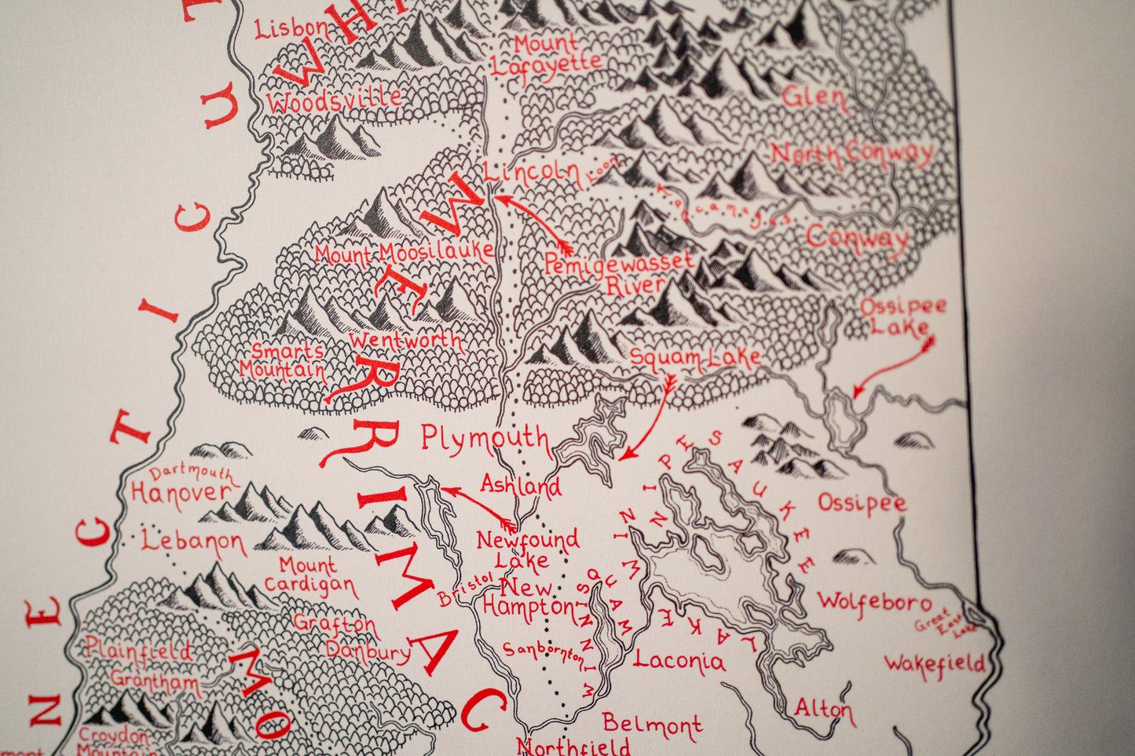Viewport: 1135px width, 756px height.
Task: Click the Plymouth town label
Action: point(485,438)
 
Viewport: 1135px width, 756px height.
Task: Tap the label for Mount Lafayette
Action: point(546,55)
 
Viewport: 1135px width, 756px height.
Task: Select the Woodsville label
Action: point(334,100)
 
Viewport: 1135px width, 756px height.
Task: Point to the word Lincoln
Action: point(531,172)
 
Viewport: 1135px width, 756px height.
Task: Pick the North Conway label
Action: point(852,154)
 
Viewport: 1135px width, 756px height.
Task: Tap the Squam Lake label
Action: point(695,359)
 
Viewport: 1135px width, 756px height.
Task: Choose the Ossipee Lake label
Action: point(903,316)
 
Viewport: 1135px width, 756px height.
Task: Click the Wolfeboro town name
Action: point(874,602)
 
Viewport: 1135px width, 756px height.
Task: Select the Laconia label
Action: point(679,660)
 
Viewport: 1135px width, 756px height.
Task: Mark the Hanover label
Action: point(181,493)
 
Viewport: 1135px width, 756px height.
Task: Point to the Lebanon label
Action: point(193,542)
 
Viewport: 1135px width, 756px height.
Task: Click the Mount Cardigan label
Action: point(309,575)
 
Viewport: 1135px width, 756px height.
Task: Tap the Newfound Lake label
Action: point(527,549)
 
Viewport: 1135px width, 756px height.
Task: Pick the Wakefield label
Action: point(935,665)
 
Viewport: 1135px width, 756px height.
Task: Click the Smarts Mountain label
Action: point(282,360)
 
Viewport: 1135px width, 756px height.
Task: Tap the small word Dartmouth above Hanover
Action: point(192,473)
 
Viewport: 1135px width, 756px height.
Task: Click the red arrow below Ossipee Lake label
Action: point(894,367)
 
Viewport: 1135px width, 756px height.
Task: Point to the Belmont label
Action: point(652,725)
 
